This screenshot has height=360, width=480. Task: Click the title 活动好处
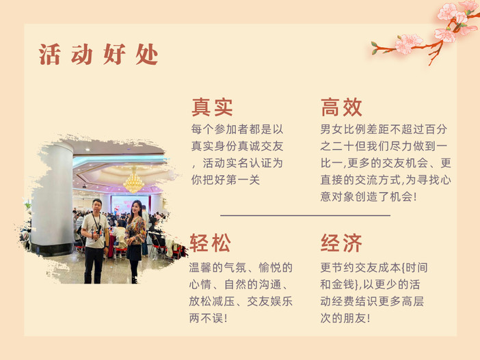[x=98, y=55]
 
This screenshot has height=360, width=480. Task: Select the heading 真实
[x=212, y=107]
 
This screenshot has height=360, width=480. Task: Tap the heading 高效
[x=341, y=107]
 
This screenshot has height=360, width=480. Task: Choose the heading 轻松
[x=210, y=243]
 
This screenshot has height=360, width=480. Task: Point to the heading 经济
[x=341, y=243]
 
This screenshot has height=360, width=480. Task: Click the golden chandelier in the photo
[x=134, y=181]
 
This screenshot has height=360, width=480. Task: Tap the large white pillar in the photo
[x=53, y=199]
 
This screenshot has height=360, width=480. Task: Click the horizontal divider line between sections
[x=305, y=216]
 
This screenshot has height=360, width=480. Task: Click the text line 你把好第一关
[x=226, y=180]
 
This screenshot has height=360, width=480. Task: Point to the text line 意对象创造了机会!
[x=369, y=197]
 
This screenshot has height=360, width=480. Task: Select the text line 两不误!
[x=209, y=318]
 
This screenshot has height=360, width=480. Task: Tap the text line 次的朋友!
[x=345, y=318]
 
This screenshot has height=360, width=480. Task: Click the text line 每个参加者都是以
[x=237, y=129]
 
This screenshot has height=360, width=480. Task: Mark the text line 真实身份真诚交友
[x=237, y=146]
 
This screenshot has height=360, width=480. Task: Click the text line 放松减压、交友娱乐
[x=241, y=301]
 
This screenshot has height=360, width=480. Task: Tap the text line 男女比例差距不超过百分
[x=384, y=129]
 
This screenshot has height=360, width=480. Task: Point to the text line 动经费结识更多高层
[x=372, y=301]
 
